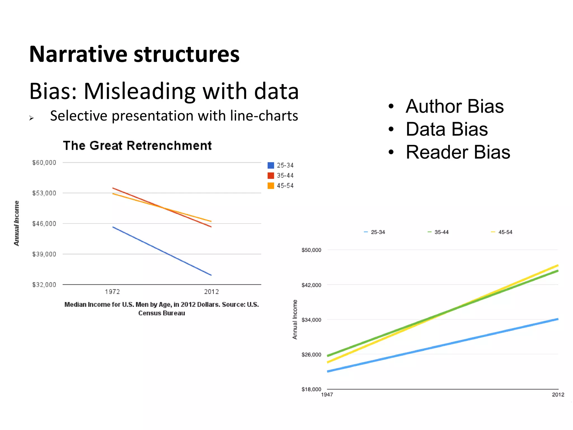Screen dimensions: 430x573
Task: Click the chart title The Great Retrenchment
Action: (137, 146)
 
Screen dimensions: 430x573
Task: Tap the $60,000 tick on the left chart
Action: (44, 163)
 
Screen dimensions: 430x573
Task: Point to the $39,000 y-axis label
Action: (44, 254)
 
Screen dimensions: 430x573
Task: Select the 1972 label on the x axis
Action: (112, 292)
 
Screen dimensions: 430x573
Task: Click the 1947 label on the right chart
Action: (327, 395)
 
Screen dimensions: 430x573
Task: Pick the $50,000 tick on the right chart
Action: (311, 250)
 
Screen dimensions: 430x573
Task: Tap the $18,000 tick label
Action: (311, 389)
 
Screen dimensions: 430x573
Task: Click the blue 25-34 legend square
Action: (271, 165)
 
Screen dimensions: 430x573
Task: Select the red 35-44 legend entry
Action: (281, 176)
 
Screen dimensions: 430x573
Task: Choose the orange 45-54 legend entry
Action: (281, 186)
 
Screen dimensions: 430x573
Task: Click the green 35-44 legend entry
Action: (438, 232)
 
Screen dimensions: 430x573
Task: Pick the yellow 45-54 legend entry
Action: (502, 232)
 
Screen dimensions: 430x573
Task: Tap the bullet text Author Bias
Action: (454, 106)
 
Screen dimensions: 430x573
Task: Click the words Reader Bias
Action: (458, 152)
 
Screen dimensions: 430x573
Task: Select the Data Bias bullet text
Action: (447, 129)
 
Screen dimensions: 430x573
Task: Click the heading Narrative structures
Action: (134, 54)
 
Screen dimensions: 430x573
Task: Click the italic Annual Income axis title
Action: (17, 223)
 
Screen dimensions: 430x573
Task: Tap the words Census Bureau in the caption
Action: (161, 313)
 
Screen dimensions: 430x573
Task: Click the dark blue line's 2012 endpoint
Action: (211, 275)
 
